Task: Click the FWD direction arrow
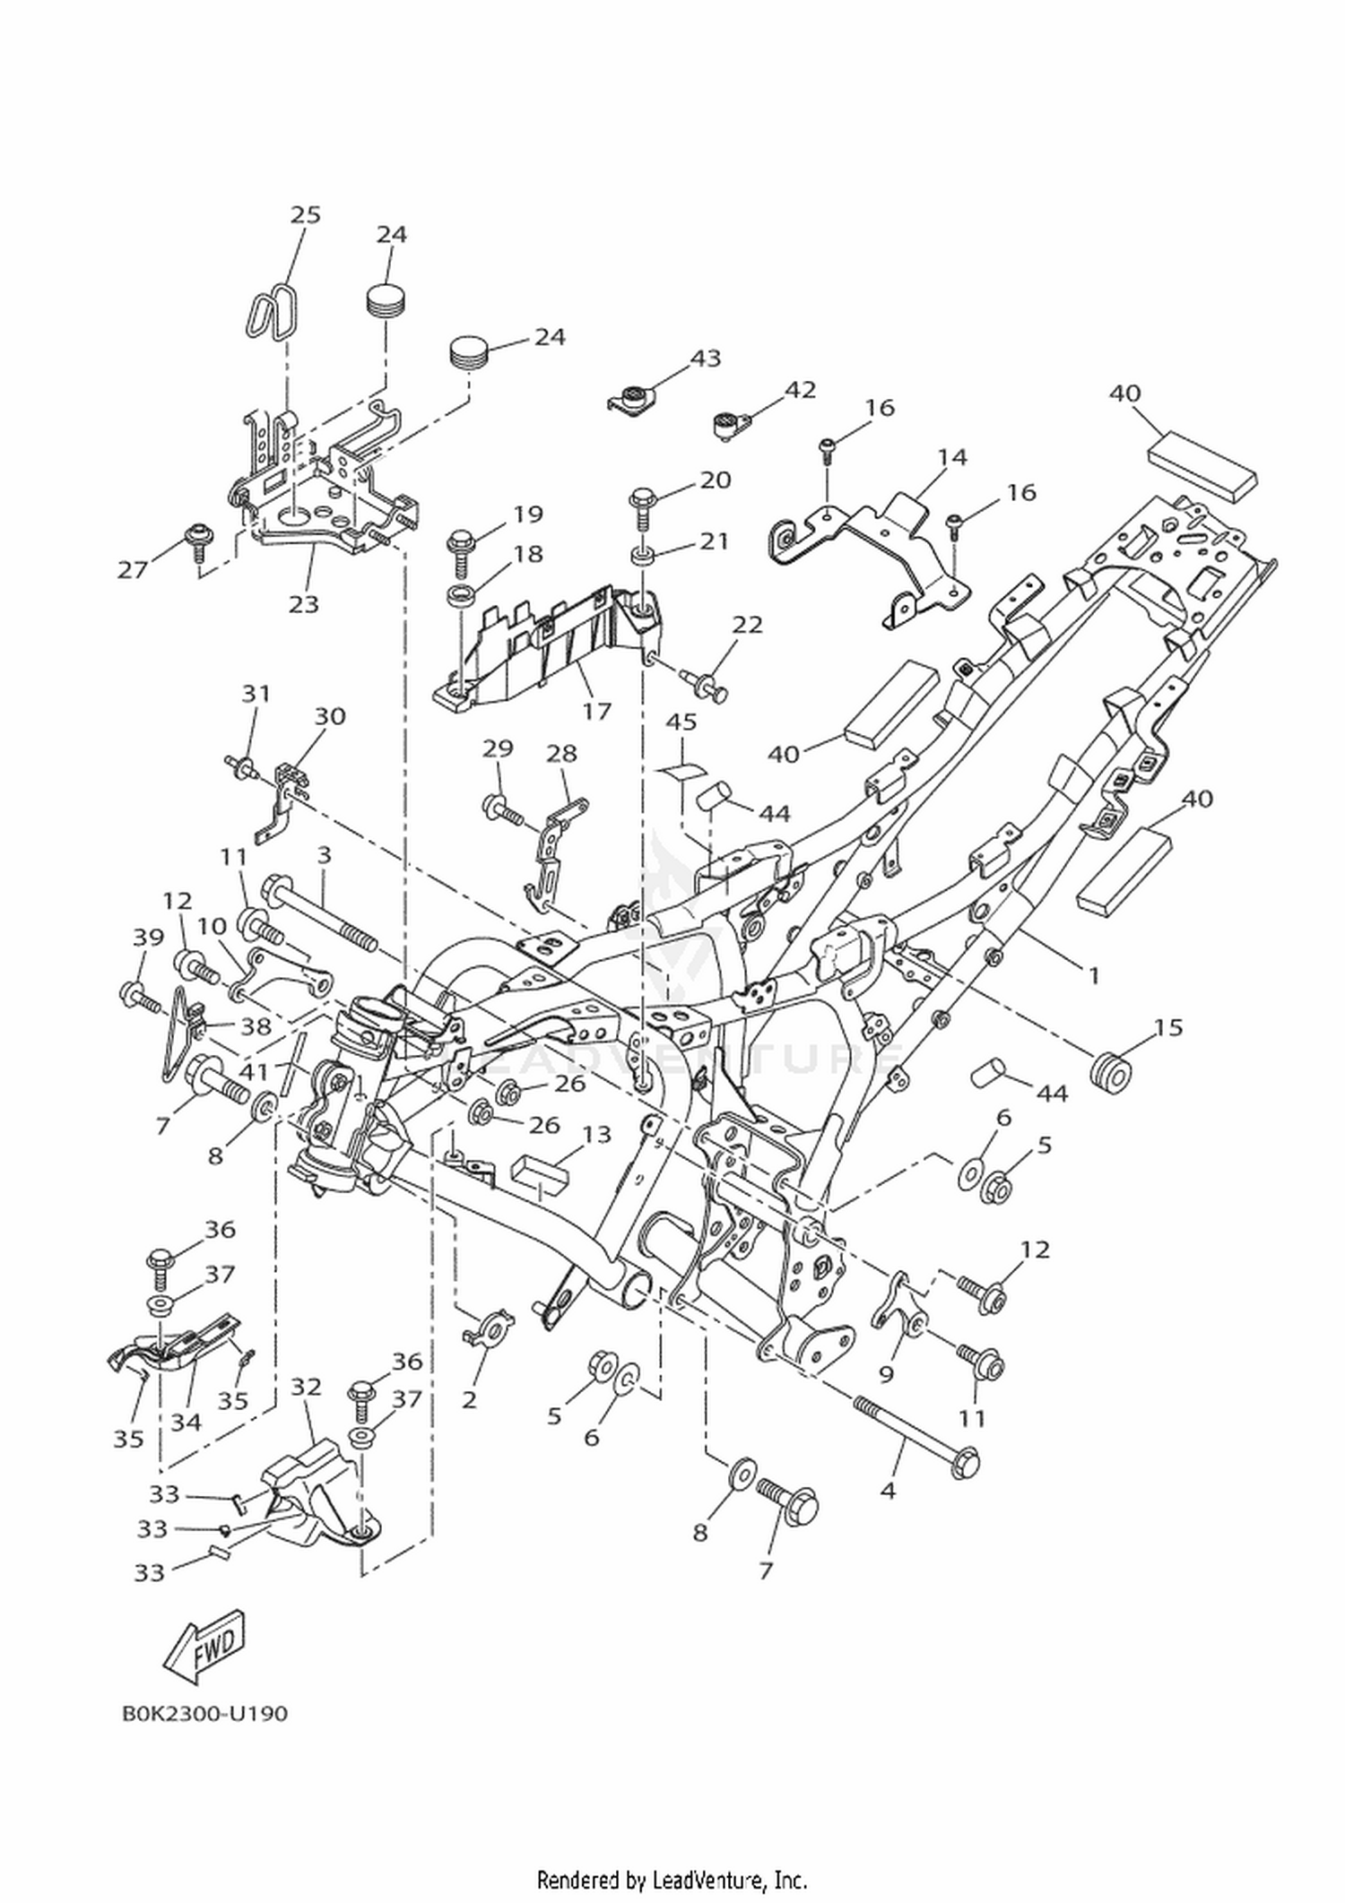[x=203, y=1647]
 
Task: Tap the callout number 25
[x=306, y=214]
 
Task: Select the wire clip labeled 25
[x=271, y=310]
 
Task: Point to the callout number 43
[x=706, y=358]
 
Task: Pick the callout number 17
[x=596, y=711]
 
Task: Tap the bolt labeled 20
[x=642, y=506]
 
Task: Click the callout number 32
[x=306, y=1386]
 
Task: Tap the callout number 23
[x=304, y=604]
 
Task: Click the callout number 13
[x=596, y=1134]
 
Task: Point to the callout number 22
[x=747, y=624]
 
